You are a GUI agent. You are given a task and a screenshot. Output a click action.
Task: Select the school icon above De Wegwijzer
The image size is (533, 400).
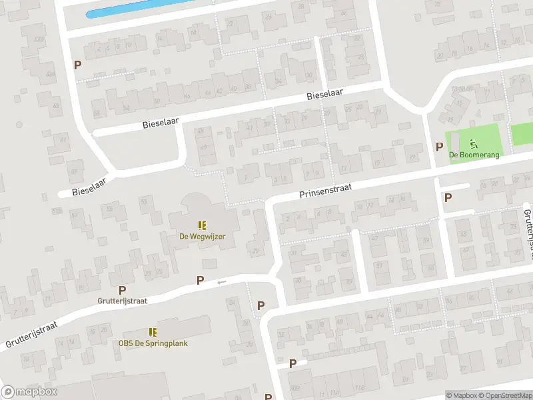click(x=201, y=225)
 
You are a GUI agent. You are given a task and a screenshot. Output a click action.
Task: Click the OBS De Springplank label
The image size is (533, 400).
click(x=153, y=343)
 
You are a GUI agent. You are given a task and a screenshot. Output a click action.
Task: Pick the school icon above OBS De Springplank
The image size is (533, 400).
click(x=153, y=332)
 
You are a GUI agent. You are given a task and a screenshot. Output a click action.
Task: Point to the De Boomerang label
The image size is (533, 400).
click(x=474, y=155)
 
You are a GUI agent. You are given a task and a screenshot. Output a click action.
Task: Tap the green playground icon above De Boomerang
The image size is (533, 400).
click(x=474, y=143)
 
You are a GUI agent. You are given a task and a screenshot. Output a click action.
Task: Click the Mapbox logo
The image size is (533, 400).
click(x=29, y=392)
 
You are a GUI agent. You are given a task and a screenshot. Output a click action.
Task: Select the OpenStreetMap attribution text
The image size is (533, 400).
click(x=504, y=395)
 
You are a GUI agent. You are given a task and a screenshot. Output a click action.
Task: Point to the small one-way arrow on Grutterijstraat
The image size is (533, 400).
click(x=222, y=282)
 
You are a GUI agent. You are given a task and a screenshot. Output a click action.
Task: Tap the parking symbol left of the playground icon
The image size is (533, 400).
click(x=439, y=147)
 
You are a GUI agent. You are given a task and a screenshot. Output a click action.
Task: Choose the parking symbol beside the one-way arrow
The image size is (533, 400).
click(x=200, y=281)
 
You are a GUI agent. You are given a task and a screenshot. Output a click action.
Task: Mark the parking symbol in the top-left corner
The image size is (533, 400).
click(x=78, y=65)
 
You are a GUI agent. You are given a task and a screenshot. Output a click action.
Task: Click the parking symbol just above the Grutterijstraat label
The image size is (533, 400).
click(x=122, y=290)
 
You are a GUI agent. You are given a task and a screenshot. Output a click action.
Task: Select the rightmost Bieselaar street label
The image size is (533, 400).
click(x=324, y=95)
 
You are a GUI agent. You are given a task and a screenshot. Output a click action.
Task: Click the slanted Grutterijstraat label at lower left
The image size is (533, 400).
click(x=32, y=335)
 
